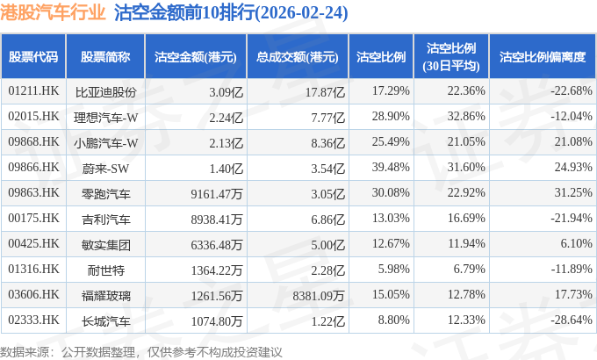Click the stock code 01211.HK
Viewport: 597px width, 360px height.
(x=33, y=91)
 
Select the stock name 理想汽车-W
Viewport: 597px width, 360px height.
(x=105, y=118)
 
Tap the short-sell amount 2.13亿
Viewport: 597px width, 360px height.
(x=226, y=143)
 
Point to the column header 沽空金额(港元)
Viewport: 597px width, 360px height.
(x=195, y=57)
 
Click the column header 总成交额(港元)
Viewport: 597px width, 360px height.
(x=298, y=57)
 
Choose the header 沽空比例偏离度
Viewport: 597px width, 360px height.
(x=543, y=57)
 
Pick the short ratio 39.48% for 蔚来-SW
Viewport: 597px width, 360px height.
(x=391, y=167)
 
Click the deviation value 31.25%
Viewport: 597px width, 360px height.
(x=573, y=193)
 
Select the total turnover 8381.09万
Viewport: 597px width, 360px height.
(x=319, y=296)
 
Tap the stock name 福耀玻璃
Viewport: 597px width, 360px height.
(x=106, y=296)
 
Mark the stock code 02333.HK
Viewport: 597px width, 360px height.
(x=33, y=320)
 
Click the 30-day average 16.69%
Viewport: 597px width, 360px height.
(x=466, y=219)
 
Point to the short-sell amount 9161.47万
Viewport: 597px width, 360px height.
(x=217, y=194)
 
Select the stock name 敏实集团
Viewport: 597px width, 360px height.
(x=106, y=245)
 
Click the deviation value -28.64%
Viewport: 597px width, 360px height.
(x=572, y=320)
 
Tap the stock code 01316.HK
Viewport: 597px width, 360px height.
(x=33, y=270)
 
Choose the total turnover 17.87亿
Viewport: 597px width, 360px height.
(x=325, y=92)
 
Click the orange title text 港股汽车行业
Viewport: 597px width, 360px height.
(x=53, y=12)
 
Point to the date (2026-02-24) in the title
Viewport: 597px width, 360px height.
(x=301, y=13)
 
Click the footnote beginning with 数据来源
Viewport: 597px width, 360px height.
(x=140, y=352)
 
